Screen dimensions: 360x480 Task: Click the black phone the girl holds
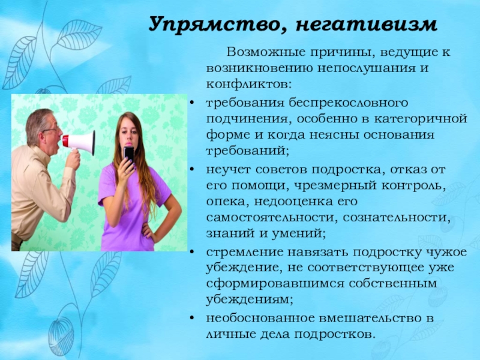coord(128,154)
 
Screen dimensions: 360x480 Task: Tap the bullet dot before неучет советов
coord(191,170)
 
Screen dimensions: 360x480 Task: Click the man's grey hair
coord(36,117)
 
